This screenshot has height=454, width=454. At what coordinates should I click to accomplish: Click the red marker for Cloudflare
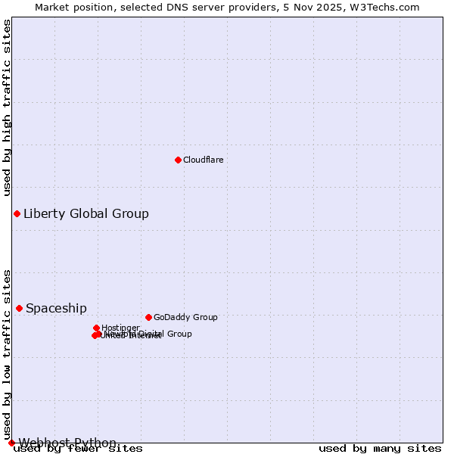click(178, 160)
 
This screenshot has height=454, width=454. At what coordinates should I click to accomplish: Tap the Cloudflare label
click(203, 160)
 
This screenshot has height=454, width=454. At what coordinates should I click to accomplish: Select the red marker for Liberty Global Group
click(17, 213)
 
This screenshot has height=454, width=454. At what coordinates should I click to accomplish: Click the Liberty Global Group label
click(86, 213)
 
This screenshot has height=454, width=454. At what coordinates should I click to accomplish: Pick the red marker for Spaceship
click(19, 308)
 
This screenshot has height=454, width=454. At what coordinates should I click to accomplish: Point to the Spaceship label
click(56, 308)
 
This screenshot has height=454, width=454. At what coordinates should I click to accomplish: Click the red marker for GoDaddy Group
click(148, 317)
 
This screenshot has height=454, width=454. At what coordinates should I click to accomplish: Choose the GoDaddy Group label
click(185, 317)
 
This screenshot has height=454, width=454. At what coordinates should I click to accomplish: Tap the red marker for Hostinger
click(96, 328)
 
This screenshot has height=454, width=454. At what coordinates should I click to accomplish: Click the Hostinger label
click(120, 328)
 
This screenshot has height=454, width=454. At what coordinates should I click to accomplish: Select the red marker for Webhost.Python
click(11, 443)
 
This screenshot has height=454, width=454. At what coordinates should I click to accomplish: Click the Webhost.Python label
click(67, 443)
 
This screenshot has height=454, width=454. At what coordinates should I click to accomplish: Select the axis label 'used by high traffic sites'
click(7, 107)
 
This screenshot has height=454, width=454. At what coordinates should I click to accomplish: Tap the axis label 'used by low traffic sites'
click(7, 354)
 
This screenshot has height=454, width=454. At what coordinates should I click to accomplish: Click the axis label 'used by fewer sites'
click(78, 449)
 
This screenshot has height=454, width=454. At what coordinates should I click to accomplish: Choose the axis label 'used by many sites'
click(380, 449)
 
